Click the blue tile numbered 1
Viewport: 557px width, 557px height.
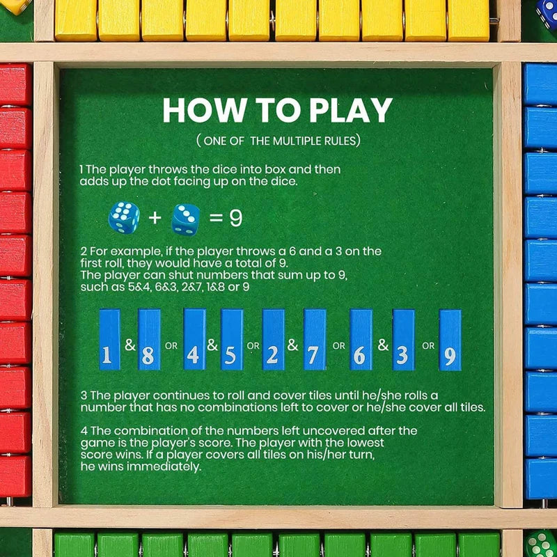coord(109,339)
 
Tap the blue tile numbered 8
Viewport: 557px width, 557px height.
coord(149,339)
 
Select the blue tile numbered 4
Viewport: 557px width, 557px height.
coord(194,339)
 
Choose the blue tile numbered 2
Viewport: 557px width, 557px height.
coord(273,339)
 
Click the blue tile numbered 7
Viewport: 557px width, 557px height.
coord(314,339)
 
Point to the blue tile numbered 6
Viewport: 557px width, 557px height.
coord(360,339)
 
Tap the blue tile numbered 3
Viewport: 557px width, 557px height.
coord(403,339)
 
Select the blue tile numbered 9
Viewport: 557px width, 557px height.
coord(450,339)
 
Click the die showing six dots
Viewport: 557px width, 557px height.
coord(124,217)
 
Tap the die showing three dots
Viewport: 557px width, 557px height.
coord(186,217)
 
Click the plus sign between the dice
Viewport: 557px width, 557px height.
coord(155,219)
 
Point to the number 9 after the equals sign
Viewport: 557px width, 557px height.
coord(236,219)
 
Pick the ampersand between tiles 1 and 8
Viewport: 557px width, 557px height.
coord(130,344)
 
